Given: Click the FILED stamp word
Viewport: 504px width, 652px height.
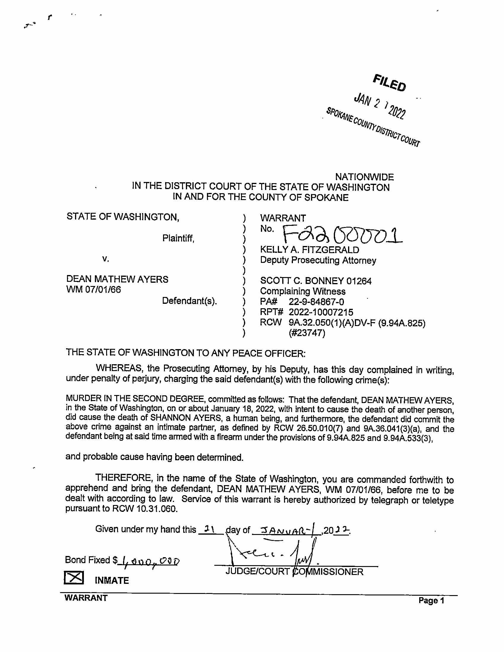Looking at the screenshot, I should (x=389, y=83).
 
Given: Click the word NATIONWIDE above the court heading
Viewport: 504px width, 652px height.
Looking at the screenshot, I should (x=364, y=177).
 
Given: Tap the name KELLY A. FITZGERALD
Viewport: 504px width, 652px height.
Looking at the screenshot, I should (x=309, y=250).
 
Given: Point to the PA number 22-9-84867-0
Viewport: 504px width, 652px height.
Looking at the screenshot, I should (x=316, y=302).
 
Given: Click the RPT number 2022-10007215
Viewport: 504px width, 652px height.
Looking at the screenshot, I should (x=321, y=312).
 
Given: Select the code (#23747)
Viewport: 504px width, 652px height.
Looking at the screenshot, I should (x=307, y=333).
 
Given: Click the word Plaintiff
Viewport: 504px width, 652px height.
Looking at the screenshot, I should (x=178, y=238).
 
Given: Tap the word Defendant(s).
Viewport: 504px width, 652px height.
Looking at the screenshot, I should (x=189, y=301).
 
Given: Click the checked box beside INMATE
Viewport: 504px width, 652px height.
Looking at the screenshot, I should (x=74, y=577).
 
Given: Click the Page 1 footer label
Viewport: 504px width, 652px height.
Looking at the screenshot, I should (x=431, y=600).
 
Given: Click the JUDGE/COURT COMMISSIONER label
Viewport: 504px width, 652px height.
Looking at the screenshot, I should (x=294, y=572).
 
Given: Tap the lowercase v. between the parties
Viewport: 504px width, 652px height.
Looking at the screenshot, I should (x=106, y=259).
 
